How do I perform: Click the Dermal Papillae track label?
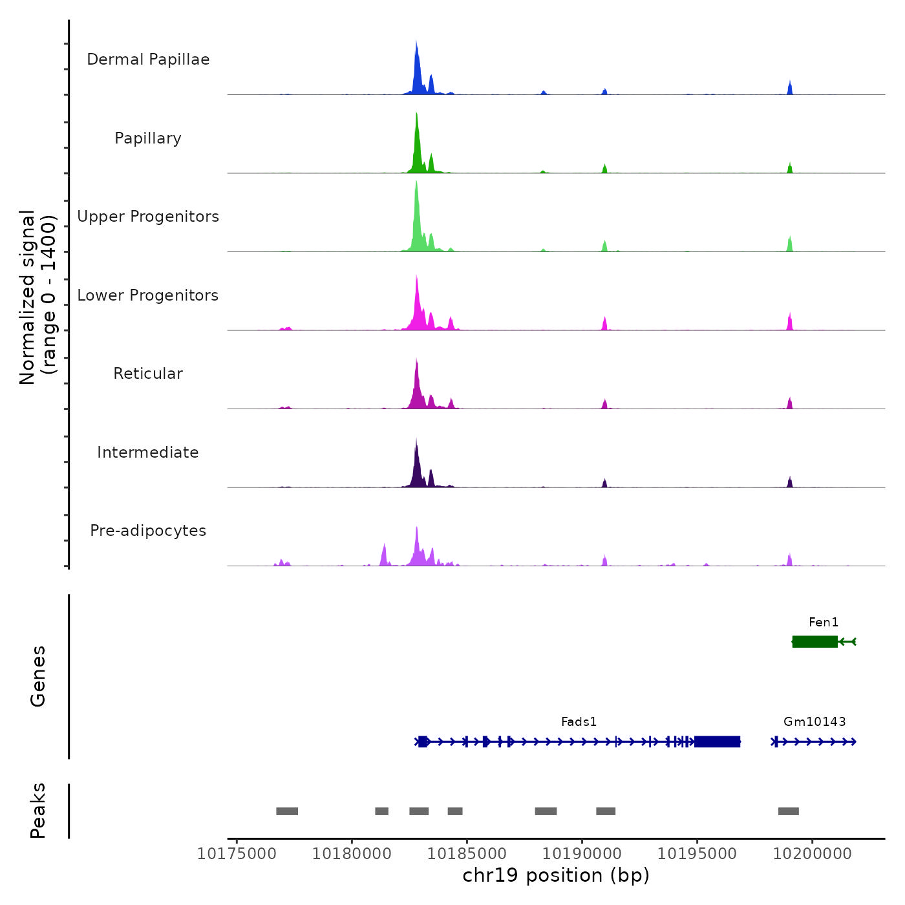coord(148,59)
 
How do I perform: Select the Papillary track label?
coord(148,138)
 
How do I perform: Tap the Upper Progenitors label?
coord(148,217)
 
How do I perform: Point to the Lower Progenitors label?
coord(148,295)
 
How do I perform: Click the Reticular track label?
coord(148,374)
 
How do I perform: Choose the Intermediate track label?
coord(148,452)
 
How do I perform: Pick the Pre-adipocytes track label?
coord(148,531)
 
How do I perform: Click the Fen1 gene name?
coord(824,622)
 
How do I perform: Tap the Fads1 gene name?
coord(579,721)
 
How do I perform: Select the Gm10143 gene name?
coord(814,721)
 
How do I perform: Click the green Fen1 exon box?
coord(814,641)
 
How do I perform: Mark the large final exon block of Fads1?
coord(717,741)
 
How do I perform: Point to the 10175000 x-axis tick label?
coord(237,853)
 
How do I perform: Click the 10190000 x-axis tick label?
coord(582,853)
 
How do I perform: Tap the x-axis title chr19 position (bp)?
coord(556,875)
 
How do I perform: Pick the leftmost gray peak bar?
coord(287,811)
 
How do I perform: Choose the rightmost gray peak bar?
coord(789,811)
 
